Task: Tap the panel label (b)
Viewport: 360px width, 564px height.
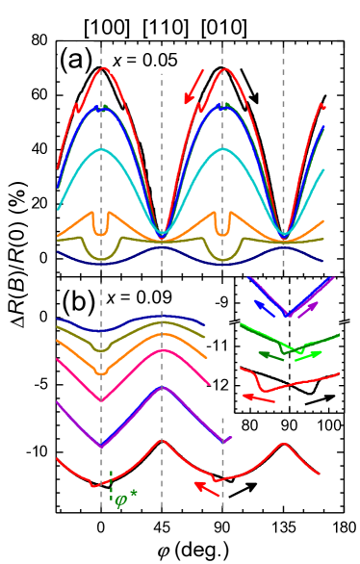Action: point(77,300)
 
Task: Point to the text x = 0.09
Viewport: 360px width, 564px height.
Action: point(140,297)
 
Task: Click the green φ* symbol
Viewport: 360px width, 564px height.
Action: point(123,501)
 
